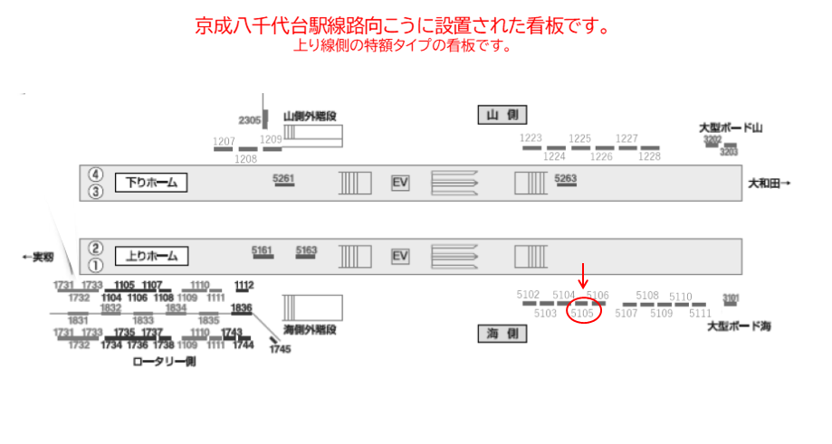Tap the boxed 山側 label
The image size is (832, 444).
(502, 115)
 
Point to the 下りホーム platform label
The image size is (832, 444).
(150, 183)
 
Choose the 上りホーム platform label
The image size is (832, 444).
(150, 256)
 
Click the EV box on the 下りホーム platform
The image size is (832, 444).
(400, 183)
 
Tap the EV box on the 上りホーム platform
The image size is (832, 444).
(400, 256)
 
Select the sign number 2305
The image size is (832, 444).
(249, 120)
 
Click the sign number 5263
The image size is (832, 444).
(566, 178)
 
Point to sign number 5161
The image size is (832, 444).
(262, 250)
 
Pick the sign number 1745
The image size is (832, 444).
(281, 349)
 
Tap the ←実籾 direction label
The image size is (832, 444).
(38, 258)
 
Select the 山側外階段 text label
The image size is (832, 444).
(310, 116)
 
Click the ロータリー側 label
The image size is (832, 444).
(164, 361)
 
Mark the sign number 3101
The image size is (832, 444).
(732, 297)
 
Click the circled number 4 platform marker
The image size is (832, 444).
(95, 175)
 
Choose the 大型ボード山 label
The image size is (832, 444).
(732, 128)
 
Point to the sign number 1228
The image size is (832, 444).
(649, 156)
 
